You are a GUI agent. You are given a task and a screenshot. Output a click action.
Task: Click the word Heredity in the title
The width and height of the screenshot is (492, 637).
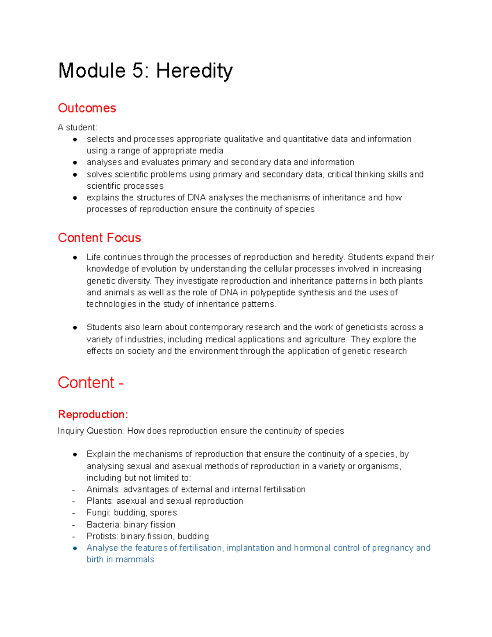tap(194, 71)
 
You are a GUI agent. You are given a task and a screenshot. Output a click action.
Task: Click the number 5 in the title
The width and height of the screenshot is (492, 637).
tap(137, 71)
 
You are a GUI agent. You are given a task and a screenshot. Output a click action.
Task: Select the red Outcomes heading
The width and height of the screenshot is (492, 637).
tap(87, 108)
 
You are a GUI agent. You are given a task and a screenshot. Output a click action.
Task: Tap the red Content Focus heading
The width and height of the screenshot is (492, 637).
tap(99, 237)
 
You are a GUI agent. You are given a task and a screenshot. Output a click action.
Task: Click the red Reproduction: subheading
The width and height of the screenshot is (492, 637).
tap(93, 414)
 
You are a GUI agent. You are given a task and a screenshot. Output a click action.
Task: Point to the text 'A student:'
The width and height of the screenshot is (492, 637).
tap(77, 127)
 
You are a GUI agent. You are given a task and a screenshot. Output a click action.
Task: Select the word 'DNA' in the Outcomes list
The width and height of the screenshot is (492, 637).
tap(196, 197)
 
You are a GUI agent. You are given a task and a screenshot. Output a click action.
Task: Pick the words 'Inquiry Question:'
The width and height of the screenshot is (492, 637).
tap(91, 431)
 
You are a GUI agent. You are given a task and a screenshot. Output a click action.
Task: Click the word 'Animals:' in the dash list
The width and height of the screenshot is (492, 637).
tap(103, 489)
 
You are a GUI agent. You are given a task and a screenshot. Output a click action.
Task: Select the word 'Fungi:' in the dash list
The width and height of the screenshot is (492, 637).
tap(99, 512)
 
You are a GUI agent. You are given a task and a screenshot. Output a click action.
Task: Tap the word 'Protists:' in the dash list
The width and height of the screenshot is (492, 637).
tap(102, 536)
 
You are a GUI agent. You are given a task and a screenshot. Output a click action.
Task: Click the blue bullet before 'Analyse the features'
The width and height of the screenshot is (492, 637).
tap(75, 548)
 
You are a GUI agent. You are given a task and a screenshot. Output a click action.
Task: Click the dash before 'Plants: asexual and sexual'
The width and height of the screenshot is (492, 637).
tap(73, 501)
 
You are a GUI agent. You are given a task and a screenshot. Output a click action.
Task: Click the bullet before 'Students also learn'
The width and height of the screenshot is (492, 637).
tap(75, 327)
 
